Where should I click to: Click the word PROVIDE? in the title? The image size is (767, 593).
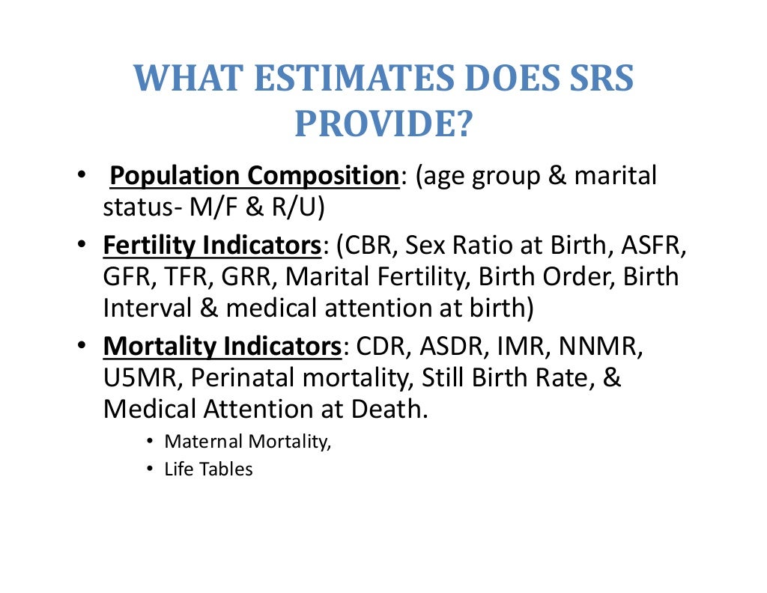tap(383, 124)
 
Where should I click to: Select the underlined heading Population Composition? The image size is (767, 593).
tap(255, 177)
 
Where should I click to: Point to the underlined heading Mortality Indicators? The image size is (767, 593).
tap(222, 347)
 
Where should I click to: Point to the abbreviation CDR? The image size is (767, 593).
tap(383, 347)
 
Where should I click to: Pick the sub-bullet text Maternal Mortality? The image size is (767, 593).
tap(247, 442)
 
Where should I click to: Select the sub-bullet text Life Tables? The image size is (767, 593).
tap(209, 470)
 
